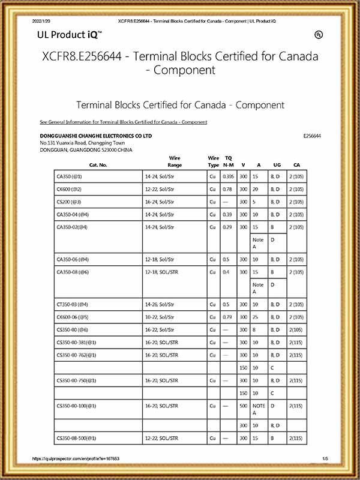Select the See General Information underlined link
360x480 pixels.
click(x=123, y=122)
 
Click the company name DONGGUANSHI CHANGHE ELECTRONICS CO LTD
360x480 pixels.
click(x=95, y=136)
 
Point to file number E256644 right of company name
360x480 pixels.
click(x=313, y=136)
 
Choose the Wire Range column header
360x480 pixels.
click(x=175, y=161)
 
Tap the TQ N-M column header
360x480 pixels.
click(x=229, y=161)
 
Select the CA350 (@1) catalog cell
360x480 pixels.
click(x=69, y=177)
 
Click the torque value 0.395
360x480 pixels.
click(x=228, y=177)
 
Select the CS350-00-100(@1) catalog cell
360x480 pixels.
click(x=76, y=406)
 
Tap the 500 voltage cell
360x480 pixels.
click(x=243, y=406)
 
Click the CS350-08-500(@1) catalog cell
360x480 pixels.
click(x=76, y=439)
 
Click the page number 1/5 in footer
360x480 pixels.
click(x=325, y=458)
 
